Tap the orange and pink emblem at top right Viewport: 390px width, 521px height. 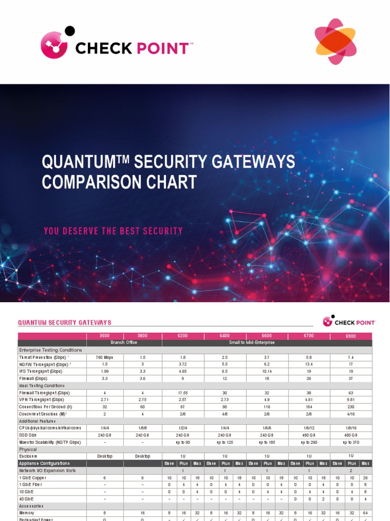(x=336, y=42)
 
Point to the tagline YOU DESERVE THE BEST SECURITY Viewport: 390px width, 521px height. (x=113, y=231)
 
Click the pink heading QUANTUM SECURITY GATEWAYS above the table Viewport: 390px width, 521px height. (x=64, y=323)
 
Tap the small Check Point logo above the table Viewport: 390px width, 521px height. (x=349, y=322)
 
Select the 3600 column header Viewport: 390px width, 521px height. (x=105, y=336)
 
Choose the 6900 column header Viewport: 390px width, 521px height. (x=351, y=336)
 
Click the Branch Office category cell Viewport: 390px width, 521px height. (x=124, y=343)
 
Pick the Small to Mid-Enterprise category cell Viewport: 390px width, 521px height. (x=267, y=343)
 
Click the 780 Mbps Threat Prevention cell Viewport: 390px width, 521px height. (x=105, y=358)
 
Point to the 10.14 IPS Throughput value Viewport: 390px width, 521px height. (x=267, y=372)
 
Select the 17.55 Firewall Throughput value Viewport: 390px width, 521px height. (x=182, y=393)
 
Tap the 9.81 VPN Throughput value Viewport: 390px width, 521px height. (x=351, y=400)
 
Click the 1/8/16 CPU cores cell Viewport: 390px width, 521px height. (x=351, y=428)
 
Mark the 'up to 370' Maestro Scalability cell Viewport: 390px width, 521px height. (x=351, y=442)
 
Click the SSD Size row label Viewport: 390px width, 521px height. (x=28, y=435)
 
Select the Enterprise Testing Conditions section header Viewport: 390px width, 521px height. (x=50, y=350)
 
